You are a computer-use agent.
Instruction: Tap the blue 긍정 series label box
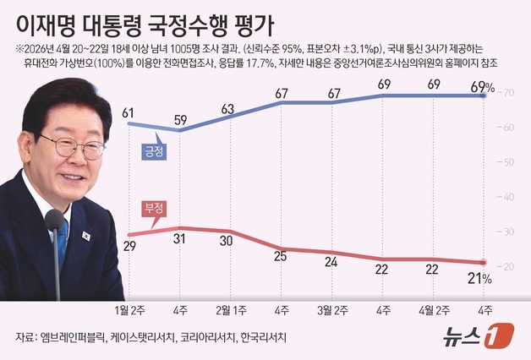click(x=153, y=151)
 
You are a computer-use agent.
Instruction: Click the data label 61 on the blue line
click(x=129, y=112)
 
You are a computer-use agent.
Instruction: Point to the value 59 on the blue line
click(x=179, y=119)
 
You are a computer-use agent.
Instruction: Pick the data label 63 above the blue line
click(x=228, y=108)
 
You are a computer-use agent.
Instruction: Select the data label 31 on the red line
click(x=179, y=240)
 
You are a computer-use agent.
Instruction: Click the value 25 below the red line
click(x=281, y=258)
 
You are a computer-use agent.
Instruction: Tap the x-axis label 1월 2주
click(x=129, y=308)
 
